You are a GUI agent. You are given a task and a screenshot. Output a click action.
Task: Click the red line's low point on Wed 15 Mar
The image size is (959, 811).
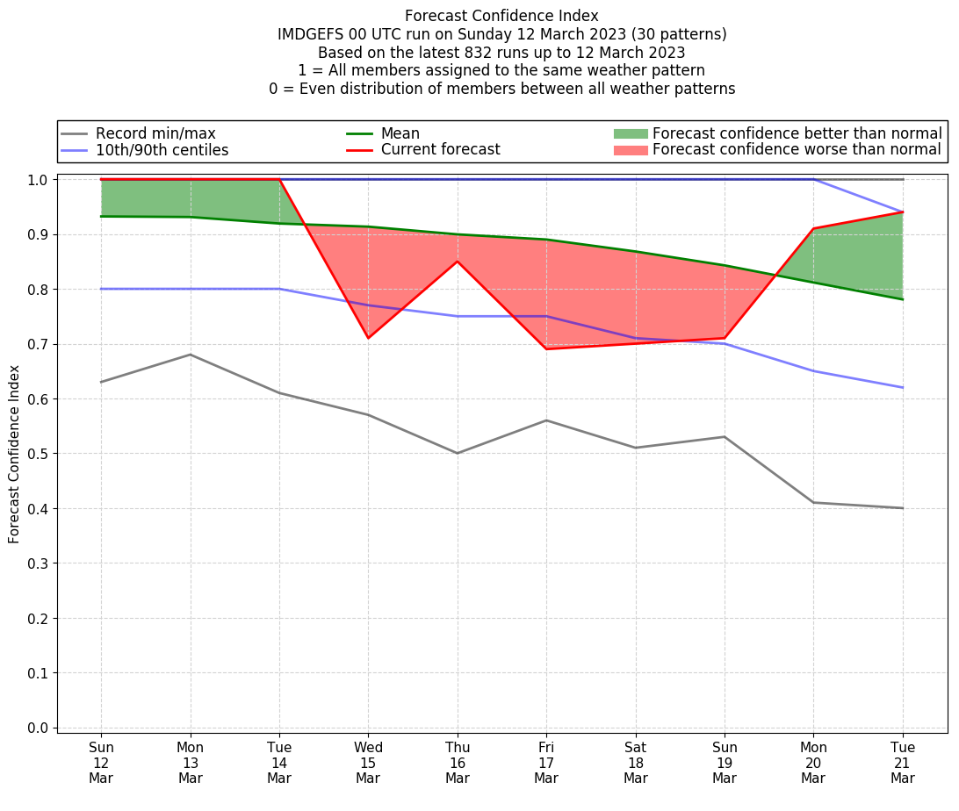368,338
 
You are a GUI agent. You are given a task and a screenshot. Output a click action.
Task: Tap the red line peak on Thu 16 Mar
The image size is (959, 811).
458,262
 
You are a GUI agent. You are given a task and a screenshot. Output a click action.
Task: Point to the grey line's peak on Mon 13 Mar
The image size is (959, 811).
191,355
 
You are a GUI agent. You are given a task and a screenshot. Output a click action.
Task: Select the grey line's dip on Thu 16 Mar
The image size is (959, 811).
458,453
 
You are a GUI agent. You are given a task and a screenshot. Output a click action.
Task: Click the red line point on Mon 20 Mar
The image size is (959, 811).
813,229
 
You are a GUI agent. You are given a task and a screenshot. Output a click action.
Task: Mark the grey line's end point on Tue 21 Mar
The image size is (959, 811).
903,508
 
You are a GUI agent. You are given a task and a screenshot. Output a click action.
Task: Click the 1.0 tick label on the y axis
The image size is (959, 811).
38,180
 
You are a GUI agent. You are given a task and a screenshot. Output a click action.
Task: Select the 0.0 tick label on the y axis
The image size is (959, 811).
38,728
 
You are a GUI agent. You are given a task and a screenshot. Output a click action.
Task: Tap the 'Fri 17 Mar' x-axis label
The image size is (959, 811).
546,763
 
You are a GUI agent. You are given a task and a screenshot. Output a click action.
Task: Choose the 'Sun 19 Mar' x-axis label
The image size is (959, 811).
725,763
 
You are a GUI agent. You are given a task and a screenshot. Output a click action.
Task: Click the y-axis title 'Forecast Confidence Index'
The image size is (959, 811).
15,454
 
